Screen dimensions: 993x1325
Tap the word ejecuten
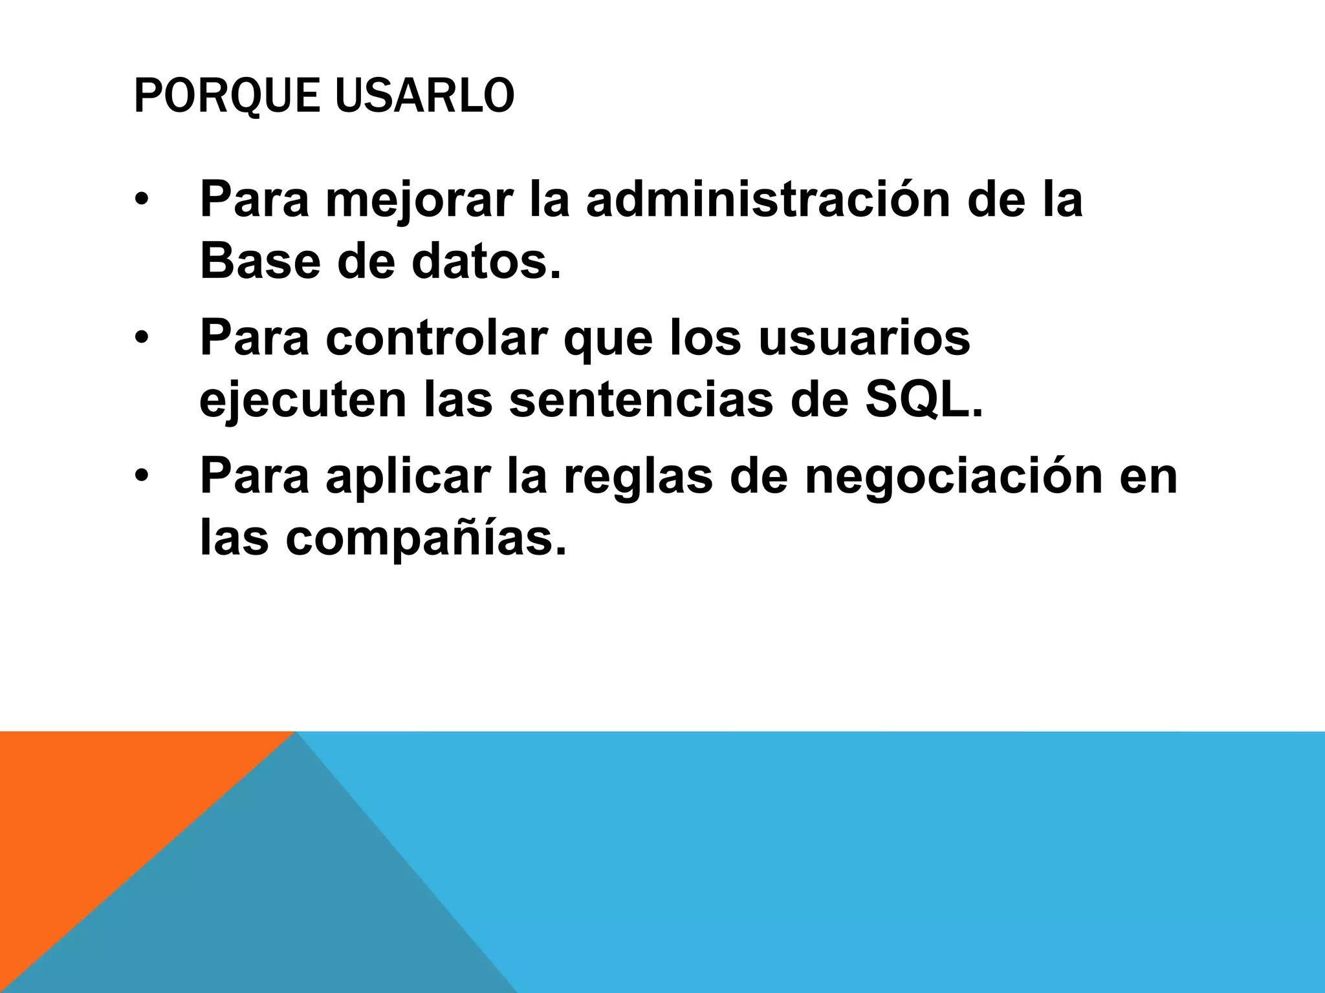pyautogui.click(x=302, y=401)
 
